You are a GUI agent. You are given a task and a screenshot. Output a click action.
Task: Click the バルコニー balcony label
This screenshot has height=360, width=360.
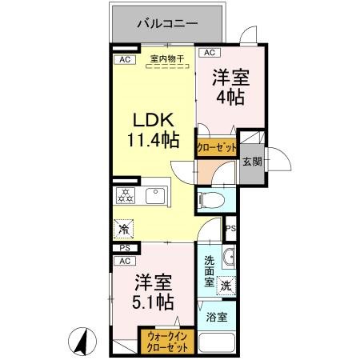tap(167, 24)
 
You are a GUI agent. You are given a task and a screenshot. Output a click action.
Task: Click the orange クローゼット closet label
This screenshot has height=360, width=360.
tap(216, 147)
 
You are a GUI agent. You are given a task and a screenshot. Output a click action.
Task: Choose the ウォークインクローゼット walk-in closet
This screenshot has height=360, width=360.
tap(167, 342)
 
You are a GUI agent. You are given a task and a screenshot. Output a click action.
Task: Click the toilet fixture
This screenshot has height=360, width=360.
tap(211, 199)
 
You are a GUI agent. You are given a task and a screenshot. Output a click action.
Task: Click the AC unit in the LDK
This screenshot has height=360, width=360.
tap(124, 59)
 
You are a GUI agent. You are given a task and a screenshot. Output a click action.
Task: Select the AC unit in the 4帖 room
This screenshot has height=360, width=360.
tap(209, 53)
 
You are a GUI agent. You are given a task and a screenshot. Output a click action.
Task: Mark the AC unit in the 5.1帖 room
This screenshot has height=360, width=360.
tap(125, 261)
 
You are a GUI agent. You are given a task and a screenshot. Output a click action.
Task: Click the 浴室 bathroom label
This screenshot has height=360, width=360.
tap(216, 317)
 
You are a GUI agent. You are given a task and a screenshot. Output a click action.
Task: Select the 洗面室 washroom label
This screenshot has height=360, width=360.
tap(209, 270)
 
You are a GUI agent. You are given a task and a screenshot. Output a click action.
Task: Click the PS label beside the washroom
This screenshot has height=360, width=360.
tap(230, 229)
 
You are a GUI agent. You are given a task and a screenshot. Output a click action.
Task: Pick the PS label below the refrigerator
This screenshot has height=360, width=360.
tap(125, 248)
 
